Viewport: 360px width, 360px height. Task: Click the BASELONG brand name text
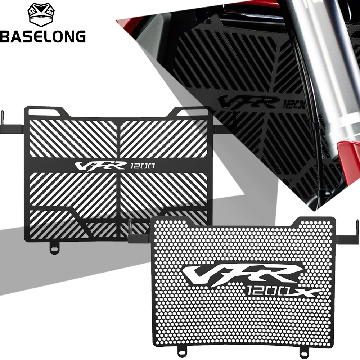pos(43,36)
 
